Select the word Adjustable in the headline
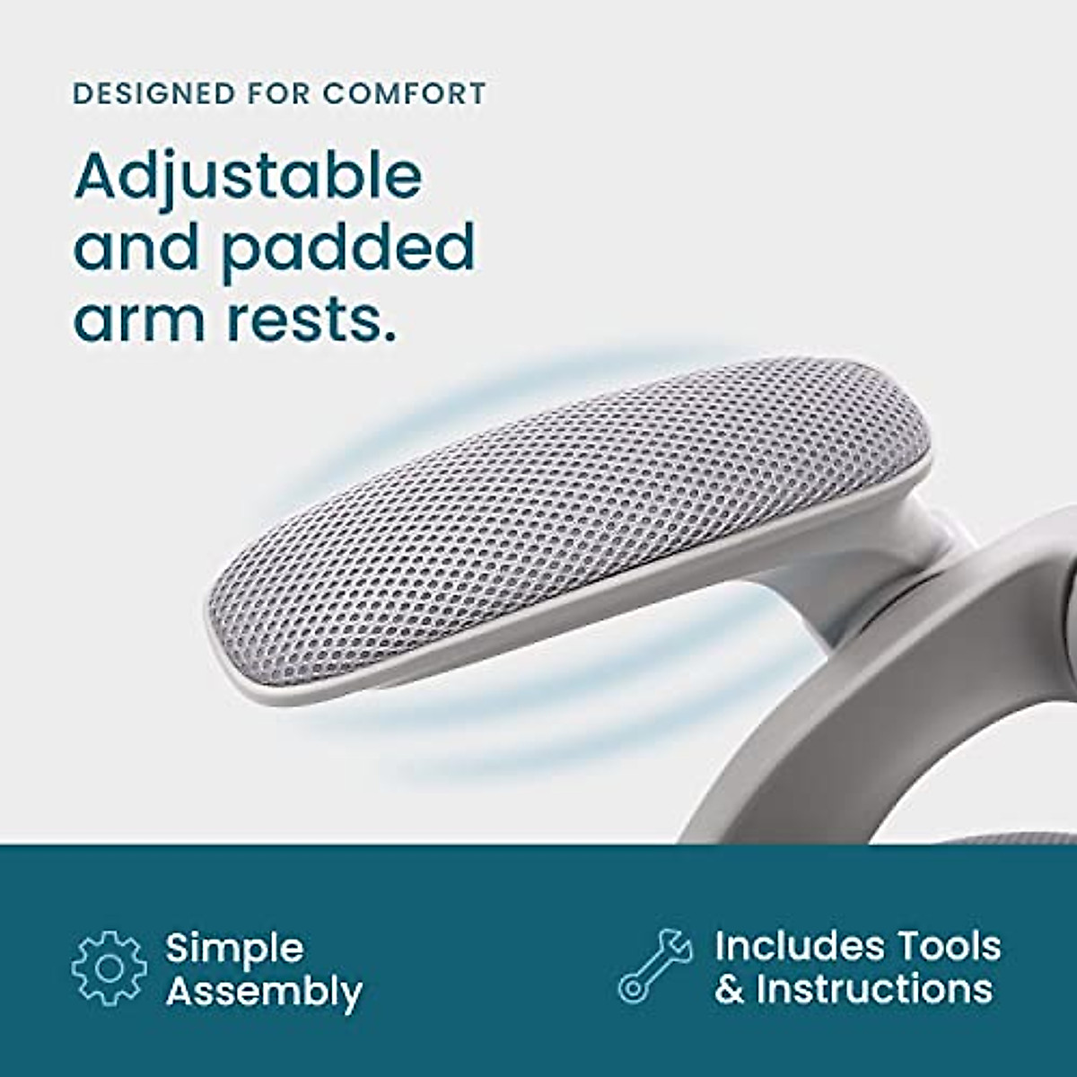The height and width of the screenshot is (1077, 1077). [x=248, y=179]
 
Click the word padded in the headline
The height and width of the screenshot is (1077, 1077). [x=348, y=250]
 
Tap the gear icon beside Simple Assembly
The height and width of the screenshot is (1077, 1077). [x=109, y=968]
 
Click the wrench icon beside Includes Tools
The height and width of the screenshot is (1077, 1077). [x=655, y=966]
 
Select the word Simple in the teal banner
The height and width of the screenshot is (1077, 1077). [x=235, y=949]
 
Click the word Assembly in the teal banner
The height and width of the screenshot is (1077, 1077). [x=264, y=993]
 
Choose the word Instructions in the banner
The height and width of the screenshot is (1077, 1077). [x=874, y=989]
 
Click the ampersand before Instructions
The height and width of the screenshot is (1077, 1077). [x=730, y=989]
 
